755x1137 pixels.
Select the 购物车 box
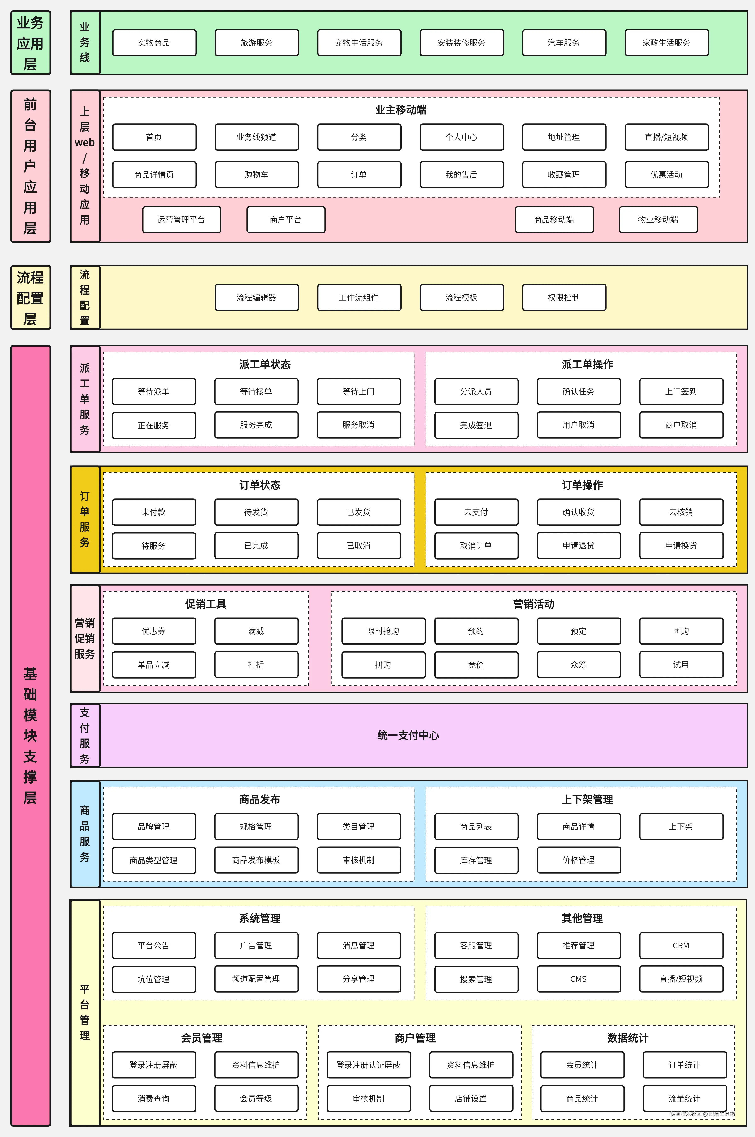click(x=256, y=174)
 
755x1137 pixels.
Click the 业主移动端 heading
click(x=401, y=110)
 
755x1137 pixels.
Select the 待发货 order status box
click(x=256, y=512)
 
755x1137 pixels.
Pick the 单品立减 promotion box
click(x=154, y=665)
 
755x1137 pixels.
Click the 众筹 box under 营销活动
click(x=578, y=665)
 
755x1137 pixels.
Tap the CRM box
click(x=681, y=945)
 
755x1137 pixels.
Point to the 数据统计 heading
click(x=627, y=1038)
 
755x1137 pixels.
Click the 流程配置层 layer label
click(x=30, y=298)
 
